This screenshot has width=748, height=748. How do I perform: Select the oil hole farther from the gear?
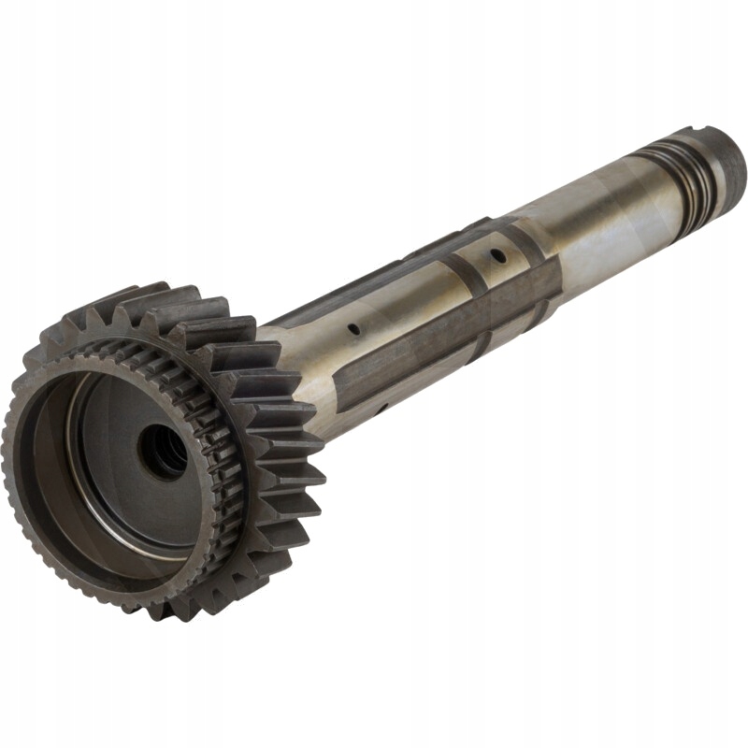[499, 255]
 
